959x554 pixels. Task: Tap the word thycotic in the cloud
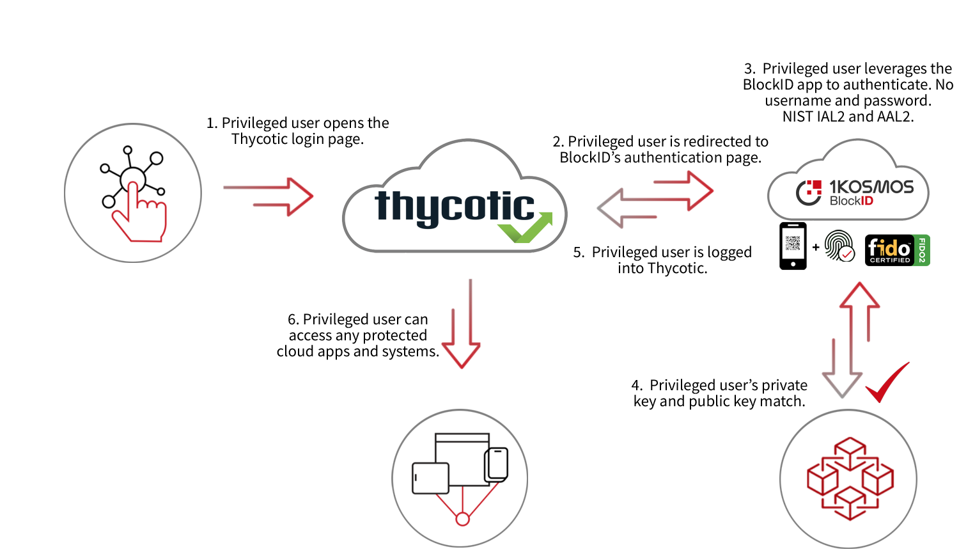click(454, 207)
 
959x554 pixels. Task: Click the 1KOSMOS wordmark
click(871, 187)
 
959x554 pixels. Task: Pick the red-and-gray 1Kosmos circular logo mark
click(809, 192)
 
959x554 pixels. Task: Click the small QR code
click(793, 243)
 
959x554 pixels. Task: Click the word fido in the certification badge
click(889, 248)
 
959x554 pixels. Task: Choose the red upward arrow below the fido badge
click(860, 313)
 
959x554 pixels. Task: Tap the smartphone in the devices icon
click(496, 464)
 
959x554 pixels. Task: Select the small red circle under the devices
click(462, 519)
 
